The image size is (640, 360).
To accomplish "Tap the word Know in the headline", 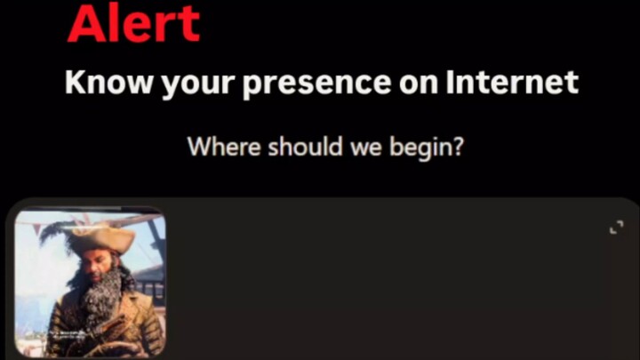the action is [108, 83].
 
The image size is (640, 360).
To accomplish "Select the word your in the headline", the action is [197, 85].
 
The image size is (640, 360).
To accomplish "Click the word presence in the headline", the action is [316, 85].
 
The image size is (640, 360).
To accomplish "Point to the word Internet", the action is [512, 83].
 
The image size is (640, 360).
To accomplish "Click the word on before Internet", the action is [419, 85].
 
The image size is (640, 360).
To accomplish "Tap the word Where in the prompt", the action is [224, 146].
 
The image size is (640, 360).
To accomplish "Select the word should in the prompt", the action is [305, 146].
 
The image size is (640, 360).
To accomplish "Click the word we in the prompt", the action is [365, 149].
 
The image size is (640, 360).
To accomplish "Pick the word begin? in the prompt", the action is [427, 148].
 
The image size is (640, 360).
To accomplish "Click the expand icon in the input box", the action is [616, 228].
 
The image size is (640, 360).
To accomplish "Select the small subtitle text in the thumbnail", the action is [68, 335].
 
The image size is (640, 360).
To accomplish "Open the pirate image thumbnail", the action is [90, 283].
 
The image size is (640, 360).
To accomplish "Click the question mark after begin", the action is [459, 146].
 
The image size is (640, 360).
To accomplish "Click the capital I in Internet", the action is [450, 83].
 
